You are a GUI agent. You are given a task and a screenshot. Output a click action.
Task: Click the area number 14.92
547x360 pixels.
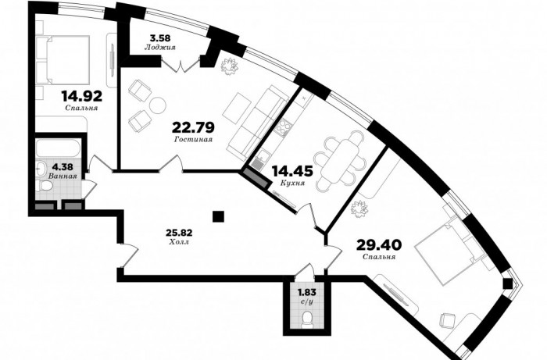point(82,96)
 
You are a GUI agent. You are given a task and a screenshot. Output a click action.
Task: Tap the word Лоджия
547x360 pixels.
point(159,48)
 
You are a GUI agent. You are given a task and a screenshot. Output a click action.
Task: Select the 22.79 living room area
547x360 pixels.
point(193,127)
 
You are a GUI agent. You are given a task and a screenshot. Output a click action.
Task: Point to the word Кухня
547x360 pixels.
point(293,183)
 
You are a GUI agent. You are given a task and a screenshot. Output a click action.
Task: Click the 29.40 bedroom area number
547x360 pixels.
point(379,244)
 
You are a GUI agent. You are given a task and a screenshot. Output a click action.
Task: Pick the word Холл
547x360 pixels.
point(179,241)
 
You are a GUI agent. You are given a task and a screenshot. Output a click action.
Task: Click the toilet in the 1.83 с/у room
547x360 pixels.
point(307,319)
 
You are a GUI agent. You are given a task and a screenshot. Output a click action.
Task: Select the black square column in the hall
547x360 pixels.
point(218,217)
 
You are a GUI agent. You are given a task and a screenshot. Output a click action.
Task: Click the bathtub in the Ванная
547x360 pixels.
point(59,149)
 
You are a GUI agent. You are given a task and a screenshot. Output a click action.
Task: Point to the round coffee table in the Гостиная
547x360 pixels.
point(158,105)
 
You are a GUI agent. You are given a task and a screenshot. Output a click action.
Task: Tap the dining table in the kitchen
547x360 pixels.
point(340,162)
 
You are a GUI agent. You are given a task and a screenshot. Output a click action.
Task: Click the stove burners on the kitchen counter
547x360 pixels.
point(282,128)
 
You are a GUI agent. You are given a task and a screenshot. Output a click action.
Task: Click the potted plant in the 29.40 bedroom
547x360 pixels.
point(359,209)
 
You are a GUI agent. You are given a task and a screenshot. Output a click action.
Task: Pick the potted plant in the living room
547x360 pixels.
point(229,66)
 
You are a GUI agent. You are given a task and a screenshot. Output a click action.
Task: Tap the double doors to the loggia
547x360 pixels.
point(181,64)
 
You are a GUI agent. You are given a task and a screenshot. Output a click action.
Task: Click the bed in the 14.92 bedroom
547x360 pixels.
point(63,59)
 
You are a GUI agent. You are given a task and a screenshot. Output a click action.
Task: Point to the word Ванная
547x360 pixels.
point(63,176)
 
